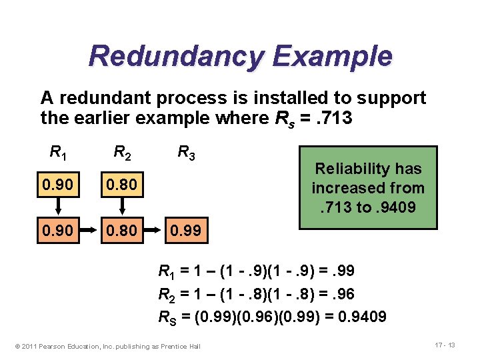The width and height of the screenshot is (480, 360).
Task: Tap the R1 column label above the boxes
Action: pyautogui.click(x=59, y=152)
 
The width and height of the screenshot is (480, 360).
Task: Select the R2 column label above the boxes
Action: pyautogui.click(x=122, y=153)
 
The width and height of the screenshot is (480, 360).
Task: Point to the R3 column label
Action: pyautogui.click(x=186, y=153)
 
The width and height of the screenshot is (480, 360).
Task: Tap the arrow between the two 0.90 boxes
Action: pyautogui.click(x=58, y=207)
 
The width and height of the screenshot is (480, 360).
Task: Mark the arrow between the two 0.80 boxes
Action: pyautogui.click(x=121, y=207)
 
